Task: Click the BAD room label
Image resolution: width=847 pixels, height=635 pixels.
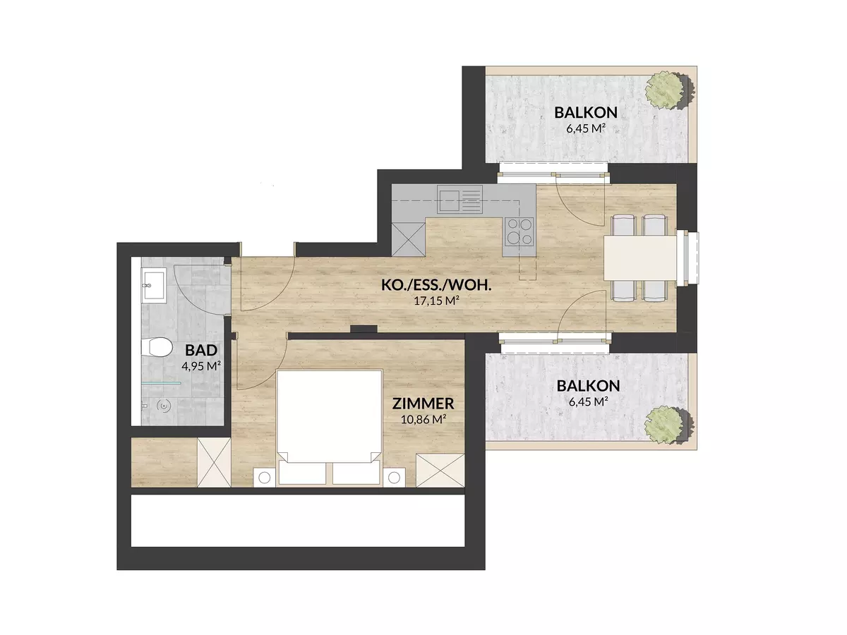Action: (x=201, y=350)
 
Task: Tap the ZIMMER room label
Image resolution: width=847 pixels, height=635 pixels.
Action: (x=423, y=404)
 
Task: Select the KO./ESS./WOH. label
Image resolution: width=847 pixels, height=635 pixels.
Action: (x=436, y=285)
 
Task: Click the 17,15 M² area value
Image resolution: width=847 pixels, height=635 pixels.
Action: (x=436, y=301)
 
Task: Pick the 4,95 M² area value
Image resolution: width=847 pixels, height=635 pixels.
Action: (x=201, y=365)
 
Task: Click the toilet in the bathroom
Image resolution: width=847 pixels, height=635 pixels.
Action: (x=157, y=348)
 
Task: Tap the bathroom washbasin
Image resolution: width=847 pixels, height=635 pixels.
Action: (x=155, y=286)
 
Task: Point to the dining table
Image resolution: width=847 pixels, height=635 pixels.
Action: (x=640, y=258)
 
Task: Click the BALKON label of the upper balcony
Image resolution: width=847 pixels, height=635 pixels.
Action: (x=586, y=113)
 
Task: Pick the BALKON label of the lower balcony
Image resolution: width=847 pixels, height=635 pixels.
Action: (x=588, y=385)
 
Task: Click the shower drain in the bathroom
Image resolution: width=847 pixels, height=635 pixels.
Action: (x=165, y=405)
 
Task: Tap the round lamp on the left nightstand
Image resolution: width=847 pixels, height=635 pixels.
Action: (x=264, y=478)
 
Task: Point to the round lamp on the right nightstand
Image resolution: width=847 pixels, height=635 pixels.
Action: (x=394, y=478)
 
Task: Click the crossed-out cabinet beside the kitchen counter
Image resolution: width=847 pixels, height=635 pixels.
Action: (x=408, y=239)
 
